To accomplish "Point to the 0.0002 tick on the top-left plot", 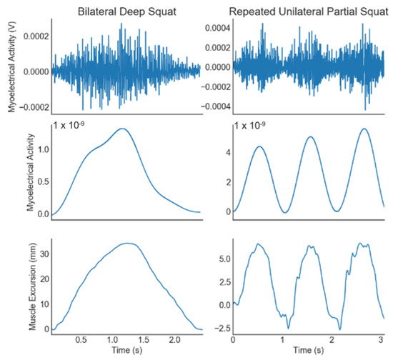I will tap(34, 36).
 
